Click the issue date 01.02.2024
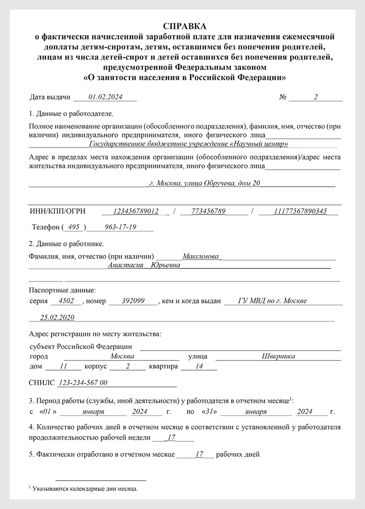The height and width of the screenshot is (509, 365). click(x=106, y=97)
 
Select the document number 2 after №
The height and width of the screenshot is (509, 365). click(x=316, y=97)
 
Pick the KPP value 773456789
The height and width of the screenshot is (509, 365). click(x=208, y=212)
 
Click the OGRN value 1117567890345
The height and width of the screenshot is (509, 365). click(x=300, y=212)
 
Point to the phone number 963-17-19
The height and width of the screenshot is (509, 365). click(x=121, y=227)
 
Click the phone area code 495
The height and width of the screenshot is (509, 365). click(x=74, y=227)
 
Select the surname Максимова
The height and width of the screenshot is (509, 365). click(x=202, y=256)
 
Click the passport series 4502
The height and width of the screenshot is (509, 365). click(x=66, y=301)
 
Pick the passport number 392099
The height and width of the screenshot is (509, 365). click(x=133, y=301)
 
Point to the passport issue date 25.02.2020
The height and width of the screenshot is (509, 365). click(x=57, y=317)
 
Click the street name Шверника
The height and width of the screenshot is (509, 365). click(x=278, y=356)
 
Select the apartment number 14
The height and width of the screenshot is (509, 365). click(x=199, y=366)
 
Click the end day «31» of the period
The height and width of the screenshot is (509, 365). click(x=208, y=412)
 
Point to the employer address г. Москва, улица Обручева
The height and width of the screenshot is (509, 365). click(x=205, y=183)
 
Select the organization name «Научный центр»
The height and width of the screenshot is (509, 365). click(x=260, y=144)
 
